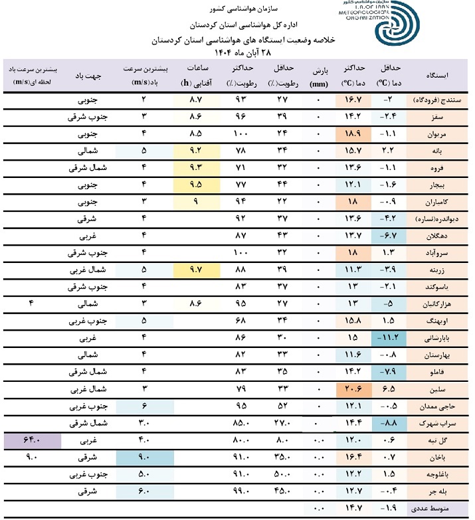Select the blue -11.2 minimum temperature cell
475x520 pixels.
click(x=389, y=338)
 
